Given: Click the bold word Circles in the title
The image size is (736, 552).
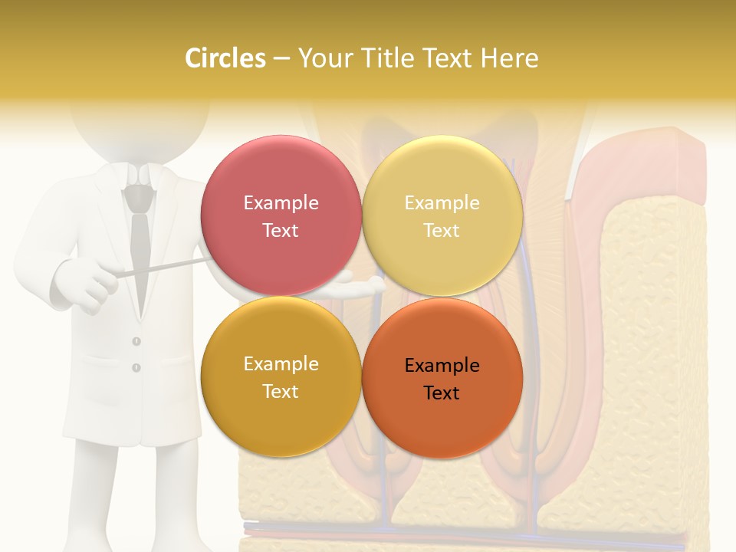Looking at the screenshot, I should click(225, 58).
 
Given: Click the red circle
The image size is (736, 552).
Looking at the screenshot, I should click(281, 215).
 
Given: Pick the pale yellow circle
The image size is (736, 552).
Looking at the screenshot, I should click(442, 215).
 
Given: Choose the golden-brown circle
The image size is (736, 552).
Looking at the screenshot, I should click(281, 376).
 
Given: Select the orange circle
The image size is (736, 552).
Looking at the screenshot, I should click(442, 378).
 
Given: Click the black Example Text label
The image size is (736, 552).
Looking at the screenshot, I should click(442, 379).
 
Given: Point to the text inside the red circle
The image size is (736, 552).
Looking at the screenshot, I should click(281, 216).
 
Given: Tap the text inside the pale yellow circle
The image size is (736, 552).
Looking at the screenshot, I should click(442, 216).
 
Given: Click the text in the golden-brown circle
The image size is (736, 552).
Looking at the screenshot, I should click(281, 377).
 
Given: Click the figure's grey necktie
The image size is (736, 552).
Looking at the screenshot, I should click(139, 245).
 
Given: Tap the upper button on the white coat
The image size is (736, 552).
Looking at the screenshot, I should click(136, 340).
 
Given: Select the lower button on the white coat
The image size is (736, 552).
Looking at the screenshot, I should click(136, 367).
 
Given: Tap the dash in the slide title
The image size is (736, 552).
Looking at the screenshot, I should click(281, 58).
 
